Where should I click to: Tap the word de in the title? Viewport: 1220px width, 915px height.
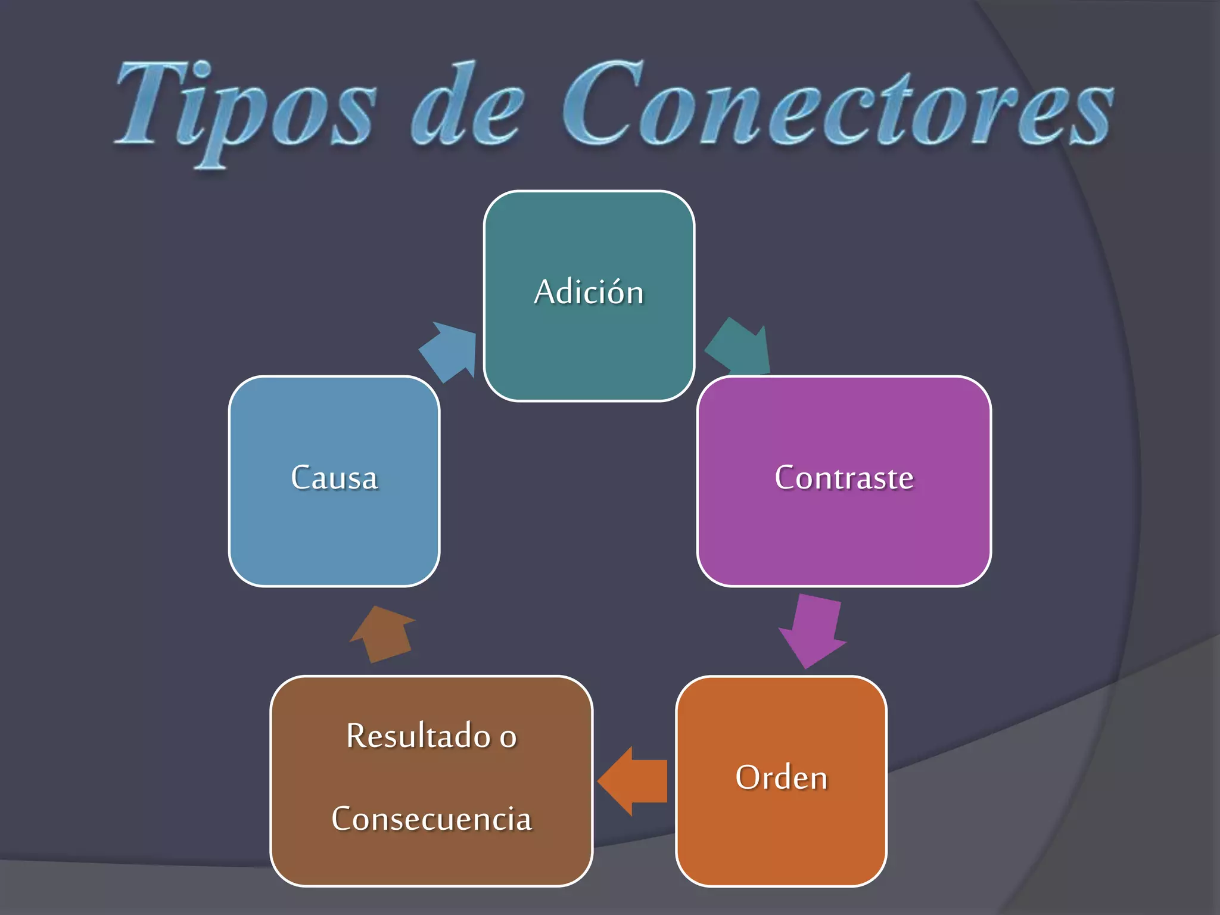pos(468,107)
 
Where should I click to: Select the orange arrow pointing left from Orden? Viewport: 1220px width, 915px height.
pos(633,781)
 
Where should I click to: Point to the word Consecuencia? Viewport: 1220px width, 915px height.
pos(431,818)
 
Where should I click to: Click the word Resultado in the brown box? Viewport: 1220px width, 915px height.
pos(418,736)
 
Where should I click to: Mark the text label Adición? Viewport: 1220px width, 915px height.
pos(589,292)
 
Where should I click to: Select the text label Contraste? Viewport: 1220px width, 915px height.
pos(844,478)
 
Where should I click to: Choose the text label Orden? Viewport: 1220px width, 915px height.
pos(781,778)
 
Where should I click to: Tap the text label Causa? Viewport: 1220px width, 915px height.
pos(334,478)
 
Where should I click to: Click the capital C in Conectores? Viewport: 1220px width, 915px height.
pos(602,104)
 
